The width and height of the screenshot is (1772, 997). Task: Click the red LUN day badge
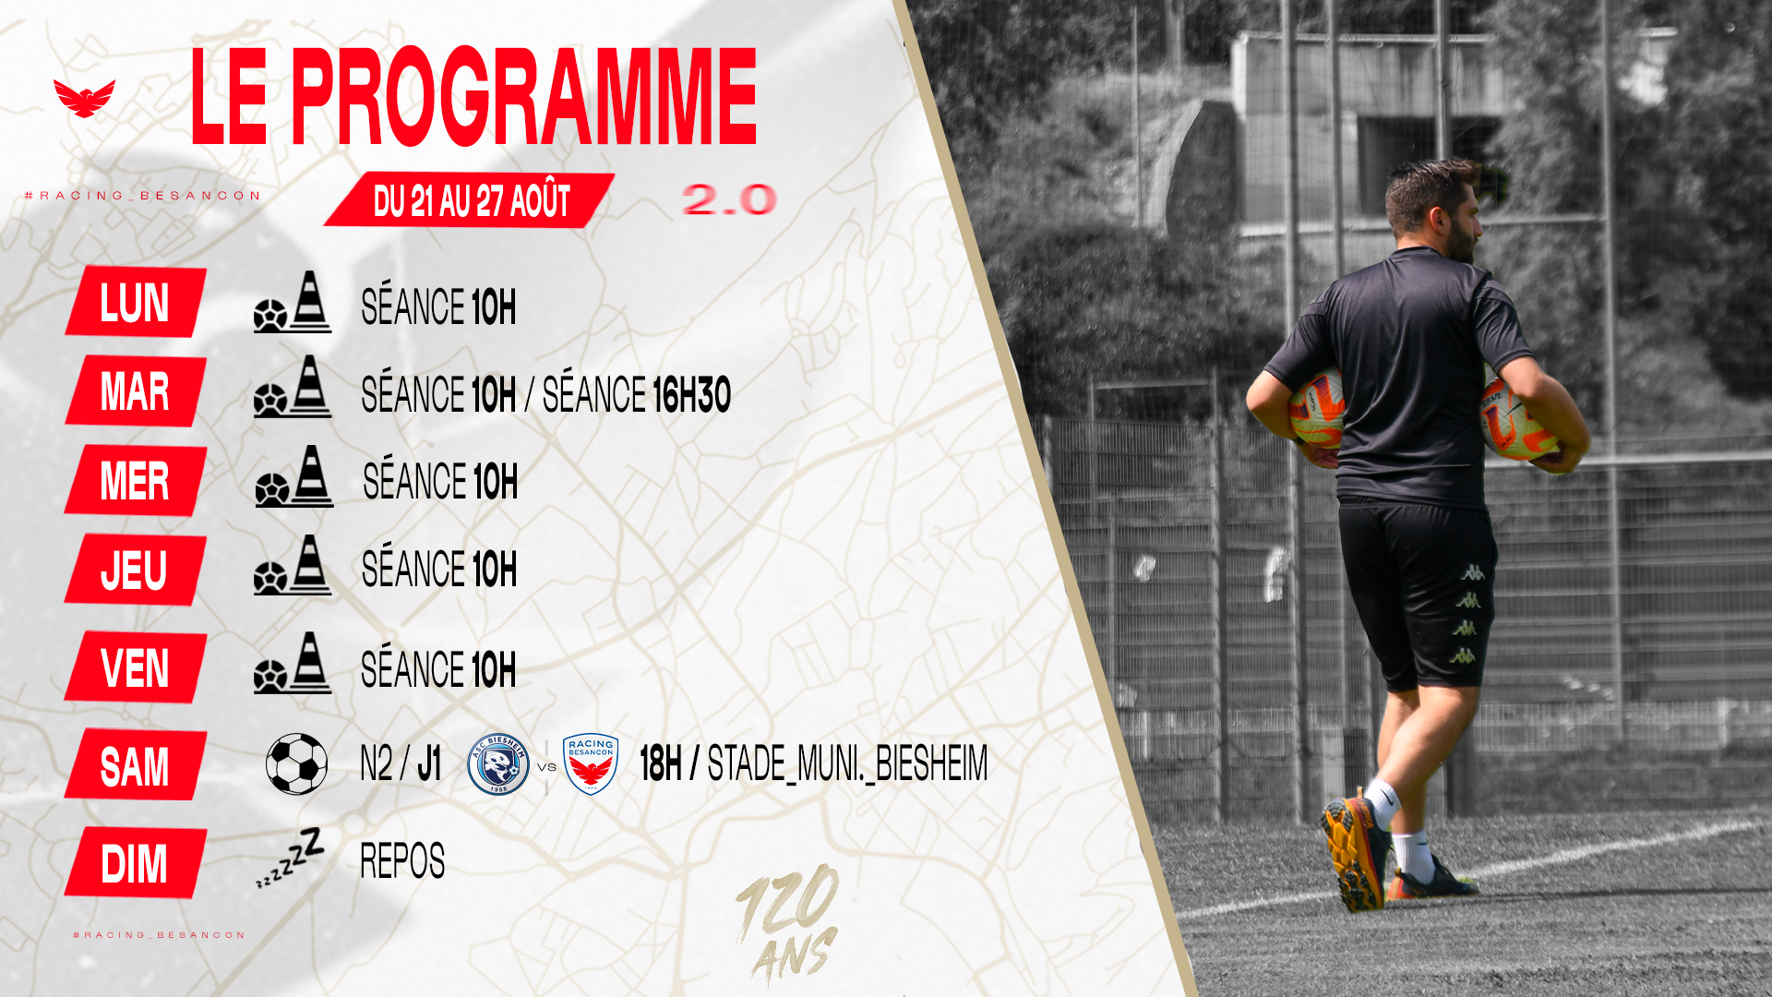coord(136,302)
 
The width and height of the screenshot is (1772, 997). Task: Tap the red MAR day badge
coord(136,390)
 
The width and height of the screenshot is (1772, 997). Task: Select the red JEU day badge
coord(136,570)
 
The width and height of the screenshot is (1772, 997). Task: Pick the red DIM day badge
coord(136,863)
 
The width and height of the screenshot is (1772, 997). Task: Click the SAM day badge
coord(136,765)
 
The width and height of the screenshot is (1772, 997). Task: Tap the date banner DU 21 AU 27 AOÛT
coord(470,199)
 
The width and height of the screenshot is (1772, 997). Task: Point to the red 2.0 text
coord(729,199)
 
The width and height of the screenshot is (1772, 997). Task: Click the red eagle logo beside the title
coord(84,98)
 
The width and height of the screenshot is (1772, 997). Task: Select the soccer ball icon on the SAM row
coord(296,764)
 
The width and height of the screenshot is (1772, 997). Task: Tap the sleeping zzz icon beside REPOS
coord(290,858)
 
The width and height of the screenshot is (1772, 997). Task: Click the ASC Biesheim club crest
coord(498,764)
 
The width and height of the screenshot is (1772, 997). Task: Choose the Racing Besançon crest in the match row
coord(591,764)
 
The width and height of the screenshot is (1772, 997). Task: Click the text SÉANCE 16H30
coord(636,395)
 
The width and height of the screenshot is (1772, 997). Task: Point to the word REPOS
coord(402,861)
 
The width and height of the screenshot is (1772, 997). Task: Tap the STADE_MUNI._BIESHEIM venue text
coord(847,763)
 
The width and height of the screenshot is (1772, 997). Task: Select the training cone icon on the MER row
coord(313,475)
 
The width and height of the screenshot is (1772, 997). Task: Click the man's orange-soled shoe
coord(1353,853)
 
